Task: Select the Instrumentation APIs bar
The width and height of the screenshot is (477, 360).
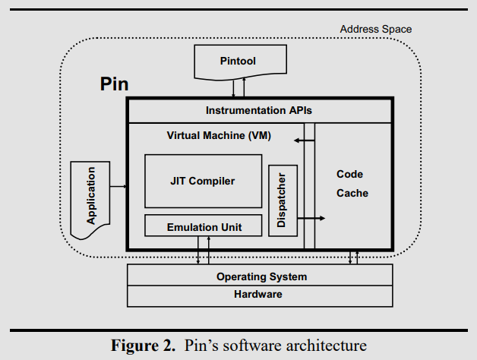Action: point(259,111)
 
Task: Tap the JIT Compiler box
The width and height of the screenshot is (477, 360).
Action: point(202,181)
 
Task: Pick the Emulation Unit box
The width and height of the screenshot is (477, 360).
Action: point(203,226)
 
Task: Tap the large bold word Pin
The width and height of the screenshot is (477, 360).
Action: point(115,84)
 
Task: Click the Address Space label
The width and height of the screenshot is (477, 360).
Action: point(375,30)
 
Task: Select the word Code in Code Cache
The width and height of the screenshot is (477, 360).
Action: point(349,175)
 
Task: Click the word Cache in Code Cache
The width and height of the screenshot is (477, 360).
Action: point(352,193)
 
